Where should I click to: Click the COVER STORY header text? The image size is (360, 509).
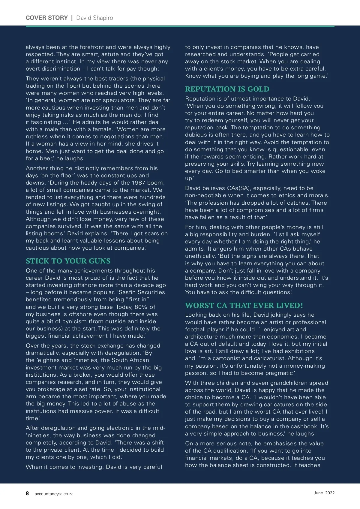click(x=47, y=18)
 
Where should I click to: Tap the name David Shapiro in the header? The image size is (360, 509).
click(x=94, y=18)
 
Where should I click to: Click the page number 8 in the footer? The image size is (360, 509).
click(x=27, y=493)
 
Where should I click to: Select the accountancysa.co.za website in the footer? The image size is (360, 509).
click(x=54, y=494)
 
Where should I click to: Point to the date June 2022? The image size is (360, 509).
click(x=324, y=493)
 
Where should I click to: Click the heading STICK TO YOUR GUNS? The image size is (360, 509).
click(x=68, y=261)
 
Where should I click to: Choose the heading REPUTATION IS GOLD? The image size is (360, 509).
click(x=227, y=89)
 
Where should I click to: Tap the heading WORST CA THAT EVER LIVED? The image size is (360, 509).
click(x=244, y=305)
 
